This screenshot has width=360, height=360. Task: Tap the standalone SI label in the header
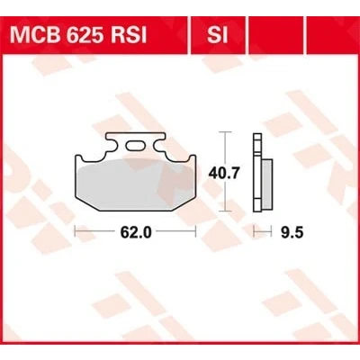click(x=217, y=35)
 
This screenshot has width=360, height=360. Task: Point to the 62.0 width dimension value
click(x=136, y=232)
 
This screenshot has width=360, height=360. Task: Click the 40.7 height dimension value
click(x=225, y=174)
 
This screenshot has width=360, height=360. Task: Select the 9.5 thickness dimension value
click(x=292, y=232)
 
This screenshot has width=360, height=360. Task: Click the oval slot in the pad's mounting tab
click(x=135, y=146)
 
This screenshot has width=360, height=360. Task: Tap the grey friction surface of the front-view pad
click(x=134, y=182)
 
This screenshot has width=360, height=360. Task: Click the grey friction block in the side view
click(x=266, y=184)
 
